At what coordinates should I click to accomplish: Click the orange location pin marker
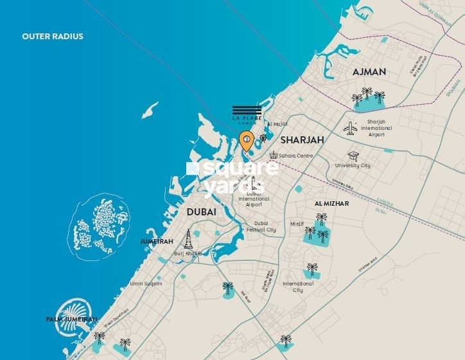pos(245,139)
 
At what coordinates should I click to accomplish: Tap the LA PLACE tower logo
pos(247,114)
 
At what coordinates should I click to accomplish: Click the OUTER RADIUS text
pos(53,37)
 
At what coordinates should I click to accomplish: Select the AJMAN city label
pos(369,72)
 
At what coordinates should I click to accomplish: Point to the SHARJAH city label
pos(301,139)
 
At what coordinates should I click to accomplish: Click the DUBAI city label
pos(201,212)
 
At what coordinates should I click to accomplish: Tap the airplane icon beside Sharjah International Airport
pos(350,128)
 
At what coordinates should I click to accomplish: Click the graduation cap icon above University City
pos(353,156)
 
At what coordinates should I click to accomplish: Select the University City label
pos(353,166)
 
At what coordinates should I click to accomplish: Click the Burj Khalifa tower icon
pos(188,239)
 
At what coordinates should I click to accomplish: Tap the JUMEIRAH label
pos(157,241)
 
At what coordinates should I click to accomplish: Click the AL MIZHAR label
pos(331,203)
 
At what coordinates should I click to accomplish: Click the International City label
pos(298,286)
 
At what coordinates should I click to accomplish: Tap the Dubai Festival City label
pos(261,227)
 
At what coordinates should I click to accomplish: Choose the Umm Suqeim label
pos(146,283)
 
